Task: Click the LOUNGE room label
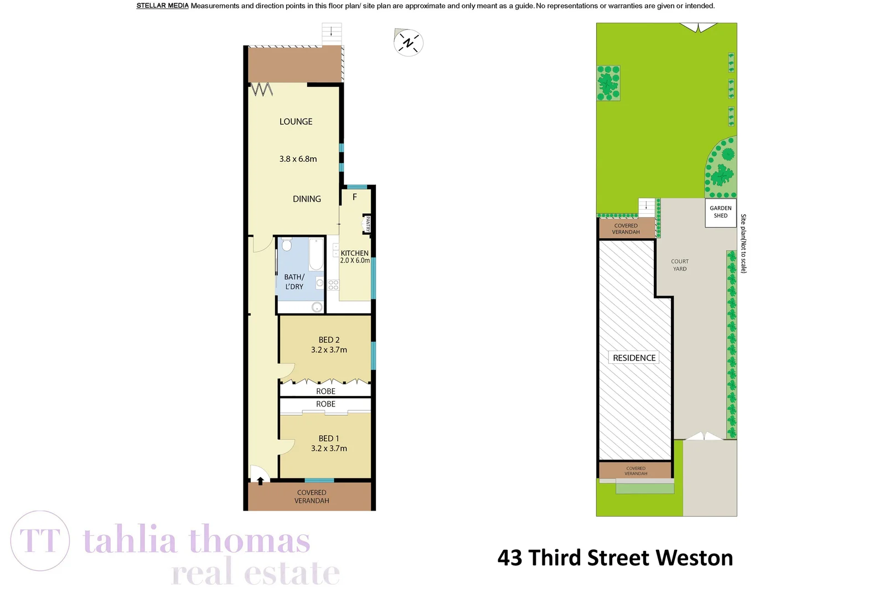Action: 296,122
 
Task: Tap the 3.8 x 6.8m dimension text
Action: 298,159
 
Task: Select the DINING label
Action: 307,199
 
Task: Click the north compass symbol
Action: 409,43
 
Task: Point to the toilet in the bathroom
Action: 286,244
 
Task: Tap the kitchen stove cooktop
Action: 333,285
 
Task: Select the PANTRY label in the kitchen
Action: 367,224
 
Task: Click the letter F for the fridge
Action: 355,197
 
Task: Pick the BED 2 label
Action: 329,340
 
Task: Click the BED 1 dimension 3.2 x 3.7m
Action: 329,448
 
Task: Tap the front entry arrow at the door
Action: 260,481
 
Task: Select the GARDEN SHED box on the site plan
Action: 720,212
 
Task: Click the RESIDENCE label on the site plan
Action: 634,358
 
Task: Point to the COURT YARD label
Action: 680,265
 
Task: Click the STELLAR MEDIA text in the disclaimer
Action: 162,6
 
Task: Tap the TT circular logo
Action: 40,540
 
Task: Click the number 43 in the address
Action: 509,558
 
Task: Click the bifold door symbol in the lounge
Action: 262,89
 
